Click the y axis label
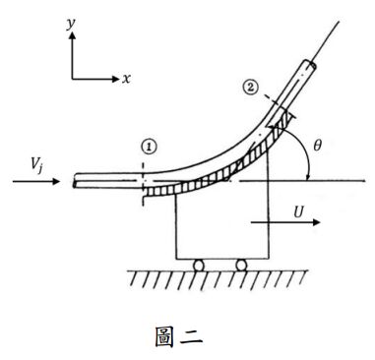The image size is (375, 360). [x=71, y=25]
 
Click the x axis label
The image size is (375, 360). [x=126, y=79]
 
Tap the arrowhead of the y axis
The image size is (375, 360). [x=72, y=35]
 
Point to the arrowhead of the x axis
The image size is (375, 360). [x=115, y=79]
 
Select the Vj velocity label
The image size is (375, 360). [x=37, y=165]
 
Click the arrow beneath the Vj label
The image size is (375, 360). [x=36, y=181]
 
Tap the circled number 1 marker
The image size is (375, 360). [x=150, y=148]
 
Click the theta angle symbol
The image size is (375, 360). [x=317, y=146]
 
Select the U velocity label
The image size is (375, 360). [x=298, y=213]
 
